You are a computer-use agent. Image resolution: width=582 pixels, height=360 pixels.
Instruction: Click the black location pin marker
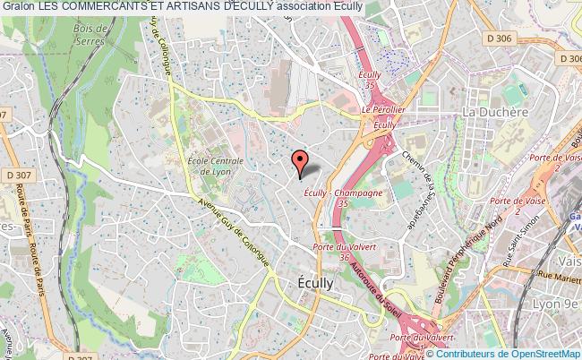300,162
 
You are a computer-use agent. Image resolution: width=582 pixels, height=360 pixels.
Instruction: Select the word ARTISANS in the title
202,6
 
